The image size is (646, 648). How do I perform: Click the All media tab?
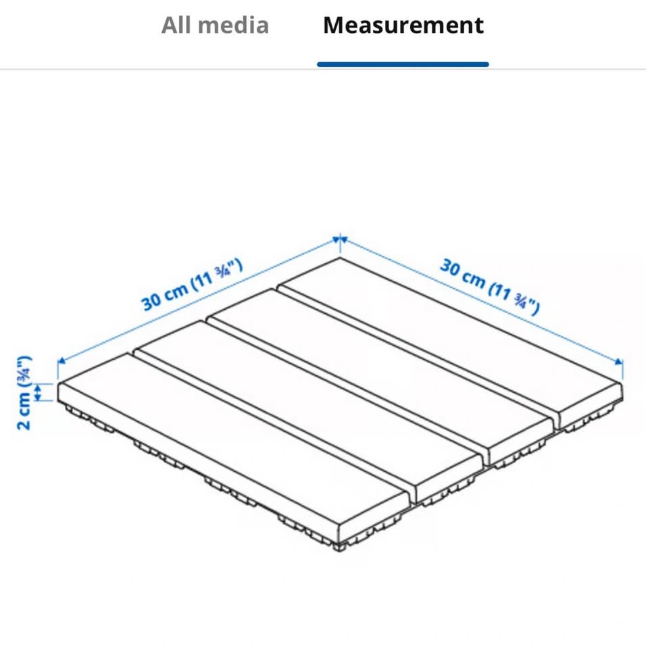pos(215,25)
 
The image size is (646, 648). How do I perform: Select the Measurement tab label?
pos(403,25)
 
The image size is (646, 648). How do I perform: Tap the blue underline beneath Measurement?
pos(403,64)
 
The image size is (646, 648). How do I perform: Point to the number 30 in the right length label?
pos(450,267)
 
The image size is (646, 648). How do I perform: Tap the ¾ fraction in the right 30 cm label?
pos(520,300)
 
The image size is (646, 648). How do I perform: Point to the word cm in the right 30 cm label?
pos(474,278)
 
